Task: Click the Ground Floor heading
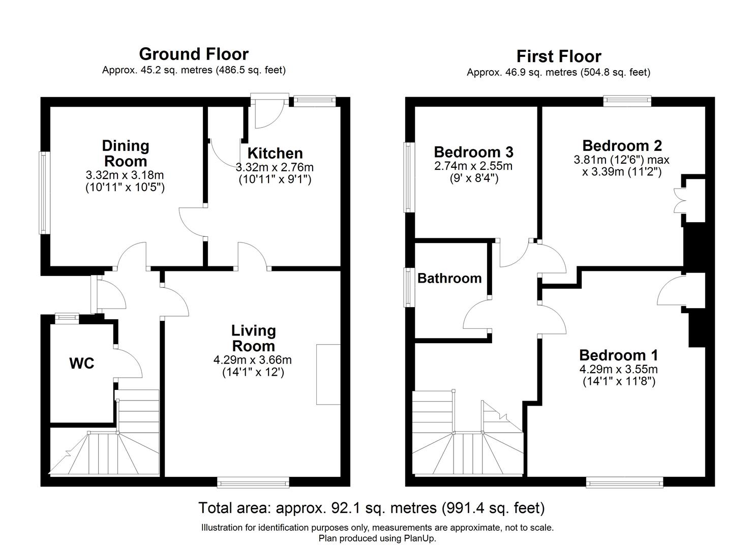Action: click(x=194, y=54)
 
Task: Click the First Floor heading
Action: click(x=558, y=56)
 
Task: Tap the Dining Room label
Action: click(x=126, y=154)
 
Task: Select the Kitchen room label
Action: click(x=275, y=153)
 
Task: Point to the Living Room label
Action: click(x=253, y=338)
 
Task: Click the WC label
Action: click(x=82, y=363)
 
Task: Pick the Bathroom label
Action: click(x=449, y=278)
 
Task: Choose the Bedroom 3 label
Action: click(x=473, y=152)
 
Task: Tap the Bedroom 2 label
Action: click(x=622, y=146)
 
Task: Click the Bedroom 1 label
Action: click(x=618, y=355)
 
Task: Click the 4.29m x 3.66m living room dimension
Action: click(x=253, y=360)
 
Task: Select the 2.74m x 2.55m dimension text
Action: click(x=473, y=166)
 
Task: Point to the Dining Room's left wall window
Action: click(x=44, y=193)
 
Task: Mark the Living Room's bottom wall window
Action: click(x=253, y=482)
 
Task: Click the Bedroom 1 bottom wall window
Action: click(x=624, y=482)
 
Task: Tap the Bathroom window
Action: click(x=409, y=287)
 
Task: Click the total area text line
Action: click(x=371, y=508)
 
